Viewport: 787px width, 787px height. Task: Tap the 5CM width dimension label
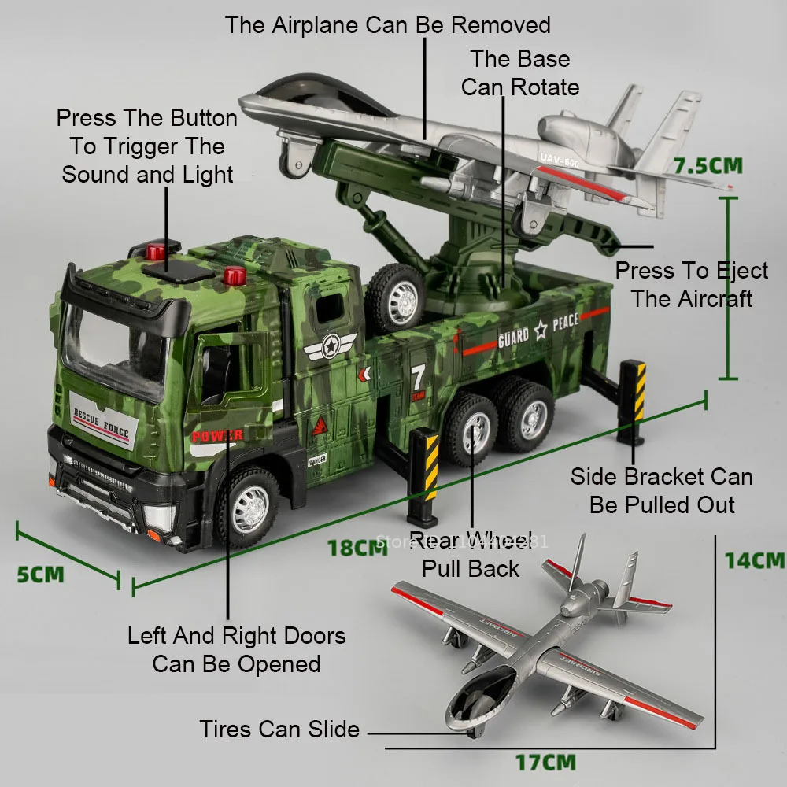[x=40, y=573]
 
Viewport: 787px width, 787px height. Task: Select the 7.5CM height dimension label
[x=708, y=166]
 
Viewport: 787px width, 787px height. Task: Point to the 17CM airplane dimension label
[x=545, y=762]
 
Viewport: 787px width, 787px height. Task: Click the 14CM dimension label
[x=754, y=560]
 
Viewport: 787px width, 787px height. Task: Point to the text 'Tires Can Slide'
[x=279, y=730]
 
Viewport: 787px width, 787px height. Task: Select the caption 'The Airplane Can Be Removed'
[x=387, y=24]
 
